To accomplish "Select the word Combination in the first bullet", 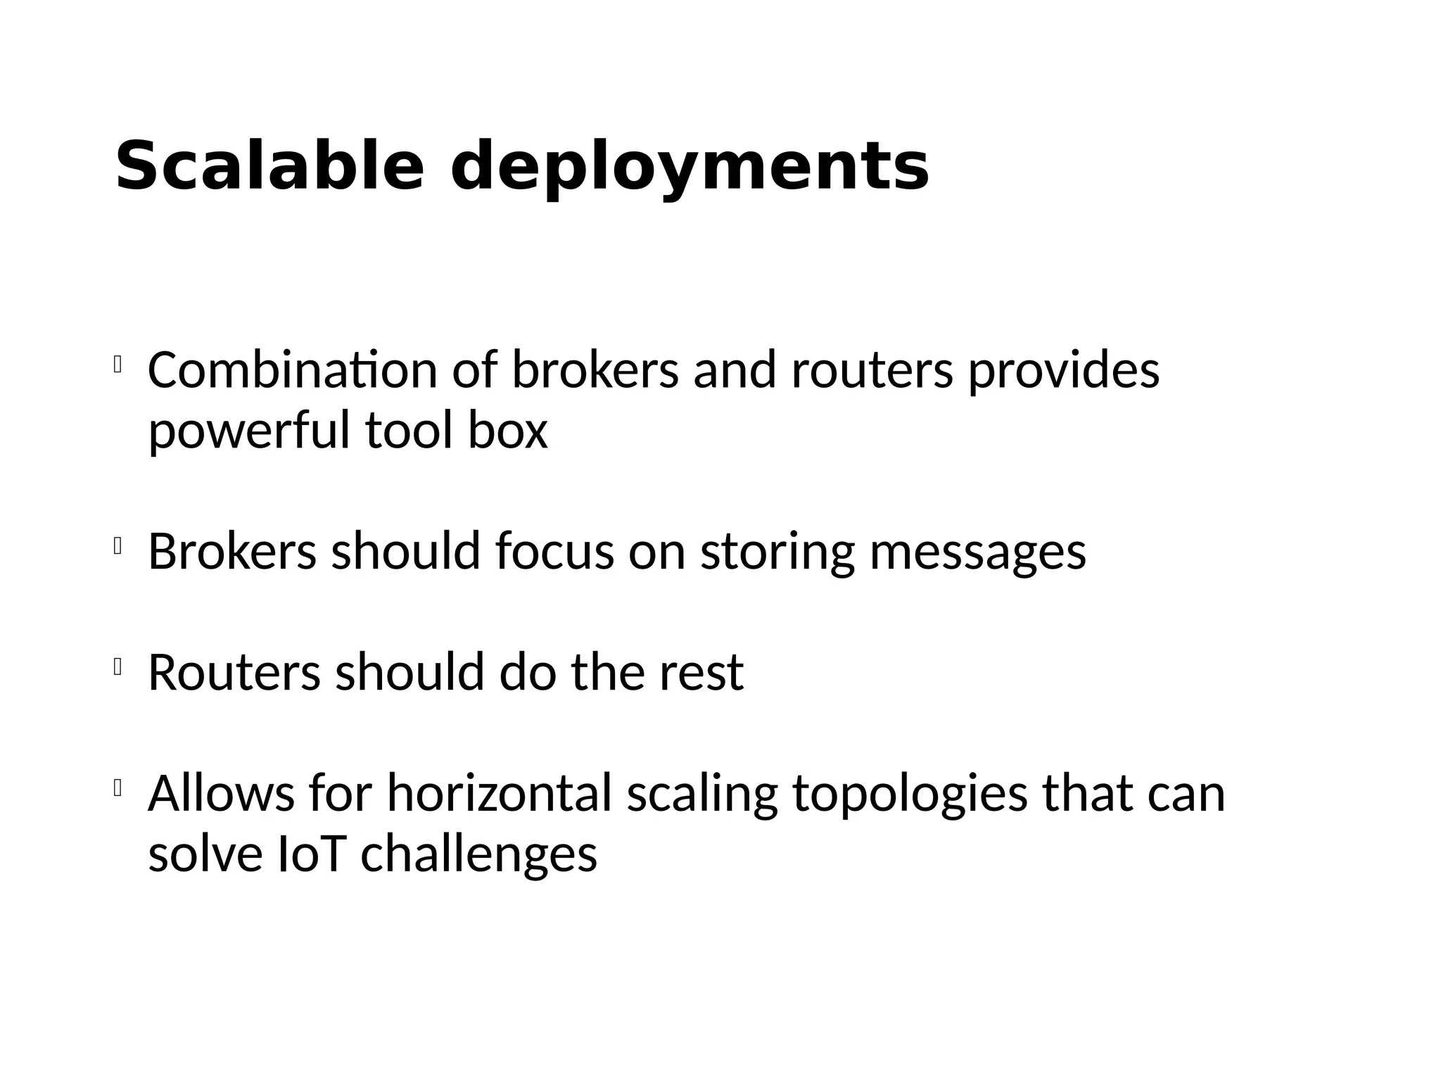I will tap(293, 370).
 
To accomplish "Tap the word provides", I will tap(1063, 372).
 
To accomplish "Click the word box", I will tap(507, 431).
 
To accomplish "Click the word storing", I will tap(777, 553).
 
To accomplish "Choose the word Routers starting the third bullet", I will tap(234, 672).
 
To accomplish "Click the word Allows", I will tap(221, 793).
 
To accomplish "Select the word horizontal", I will tap(499, 793).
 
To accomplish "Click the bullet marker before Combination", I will tap(118, 365).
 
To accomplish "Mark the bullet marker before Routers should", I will tap(118, 667).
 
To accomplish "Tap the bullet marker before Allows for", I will tap(118, 788).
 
